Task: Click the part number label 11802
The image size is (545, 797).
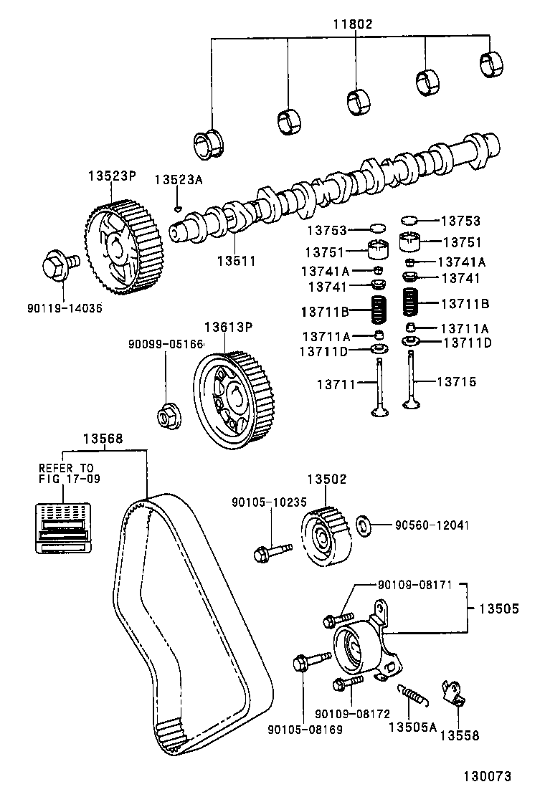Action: [352, 24]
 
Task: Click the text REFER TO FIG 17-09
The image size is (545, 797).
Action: [66, 474]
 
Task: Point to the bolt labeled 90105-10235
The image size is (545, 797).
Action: [272, 551]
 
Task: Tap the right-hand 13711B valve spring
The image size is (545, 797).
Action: [411, 302]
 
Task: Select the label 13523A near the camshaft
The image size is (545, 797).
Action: [179, 181]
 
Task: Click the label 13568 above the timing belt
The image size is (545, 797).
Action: [102, 439]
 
